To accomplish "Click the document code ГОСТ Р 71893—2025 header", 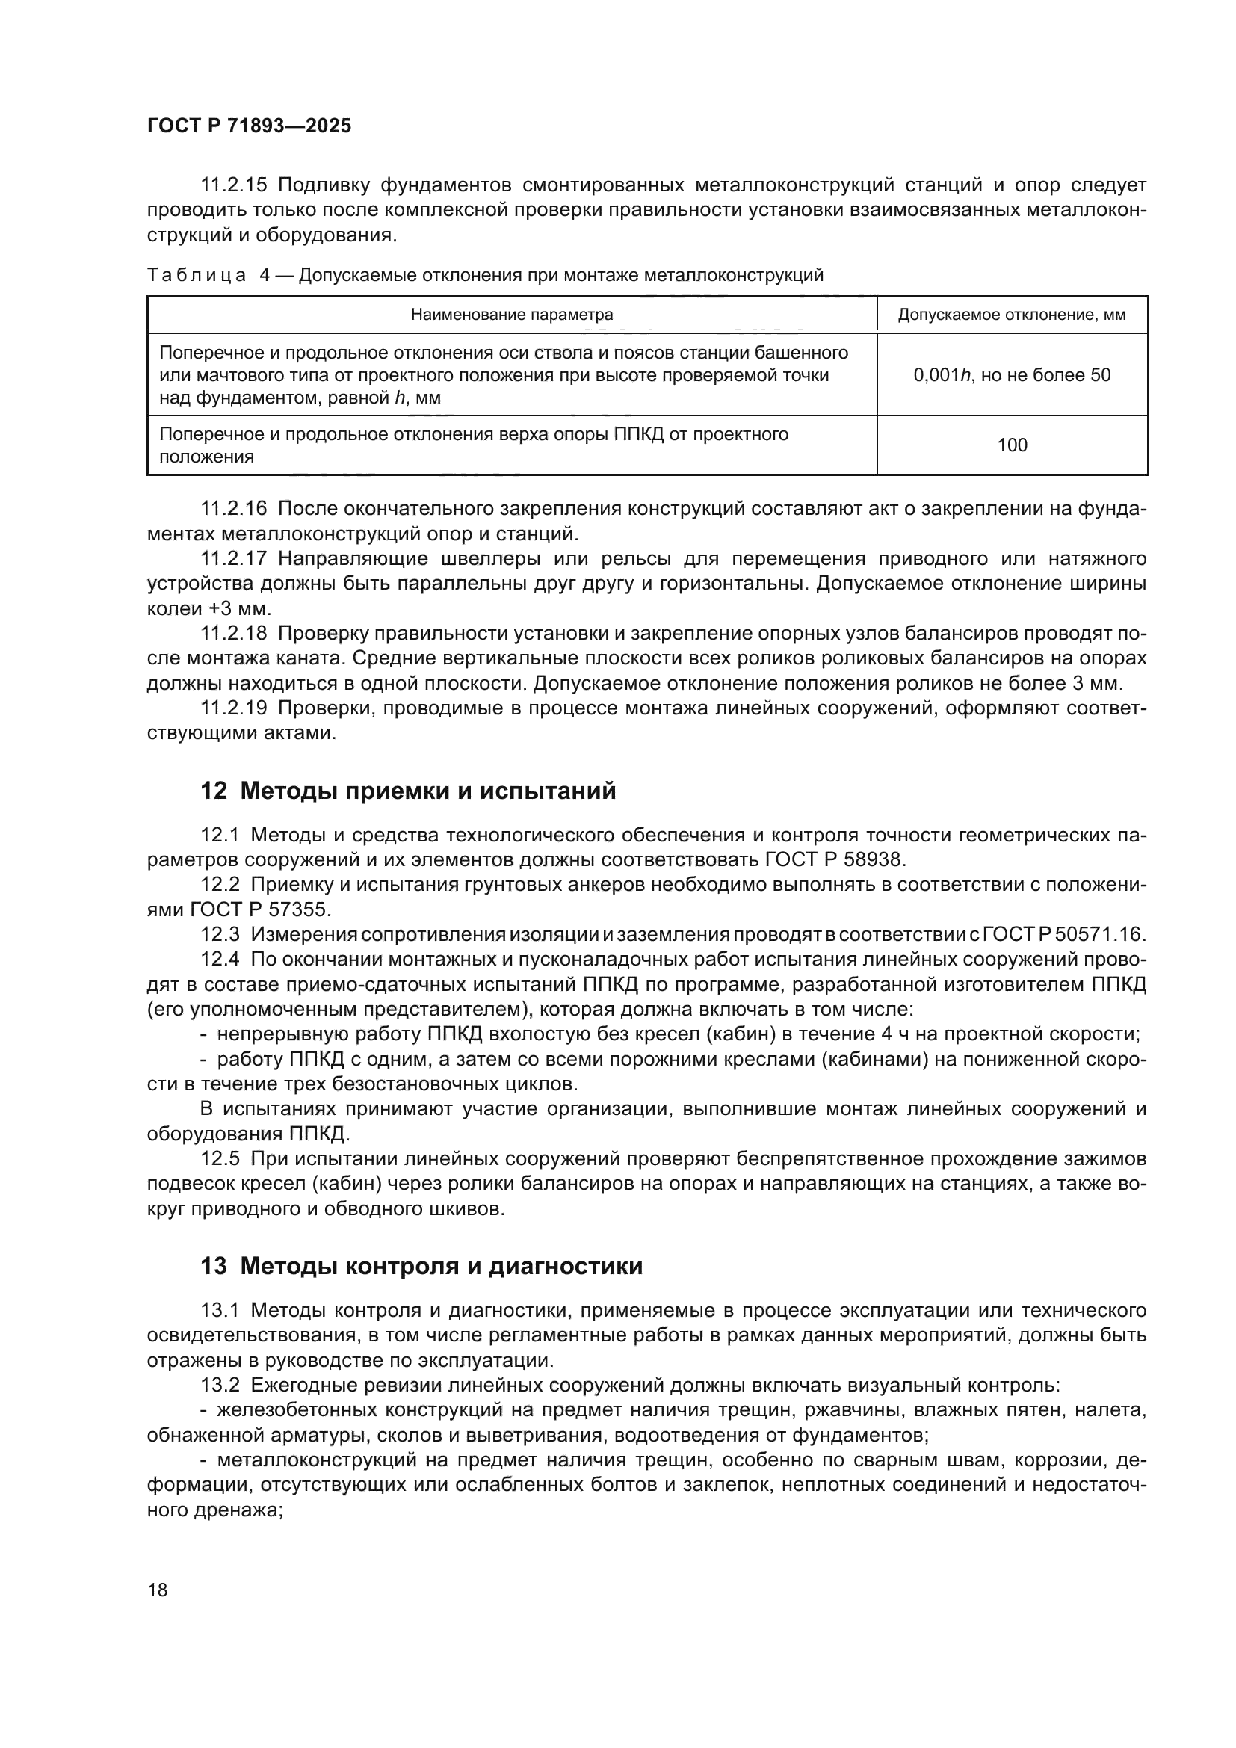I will [249, 126].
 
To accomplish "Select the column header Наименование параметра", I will [511, 315].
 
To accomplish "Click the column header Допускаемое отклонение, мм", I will [1012, 315].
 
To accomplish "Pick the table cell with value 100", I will [1012, 445].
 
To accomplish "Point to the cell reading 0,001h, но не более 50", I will [1012, 374].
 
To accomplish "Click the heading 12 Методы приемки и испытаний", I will [408, 791].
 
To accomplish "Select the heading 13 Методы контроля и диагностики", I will [421, 1266].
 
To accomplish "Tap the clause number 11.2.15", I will [234, 185].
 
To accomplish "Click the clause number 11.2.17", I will [234, 559].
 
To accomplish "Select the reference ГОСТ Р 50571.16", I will [1064, 935].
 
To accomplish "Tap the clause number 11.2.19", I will [234, 708].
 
